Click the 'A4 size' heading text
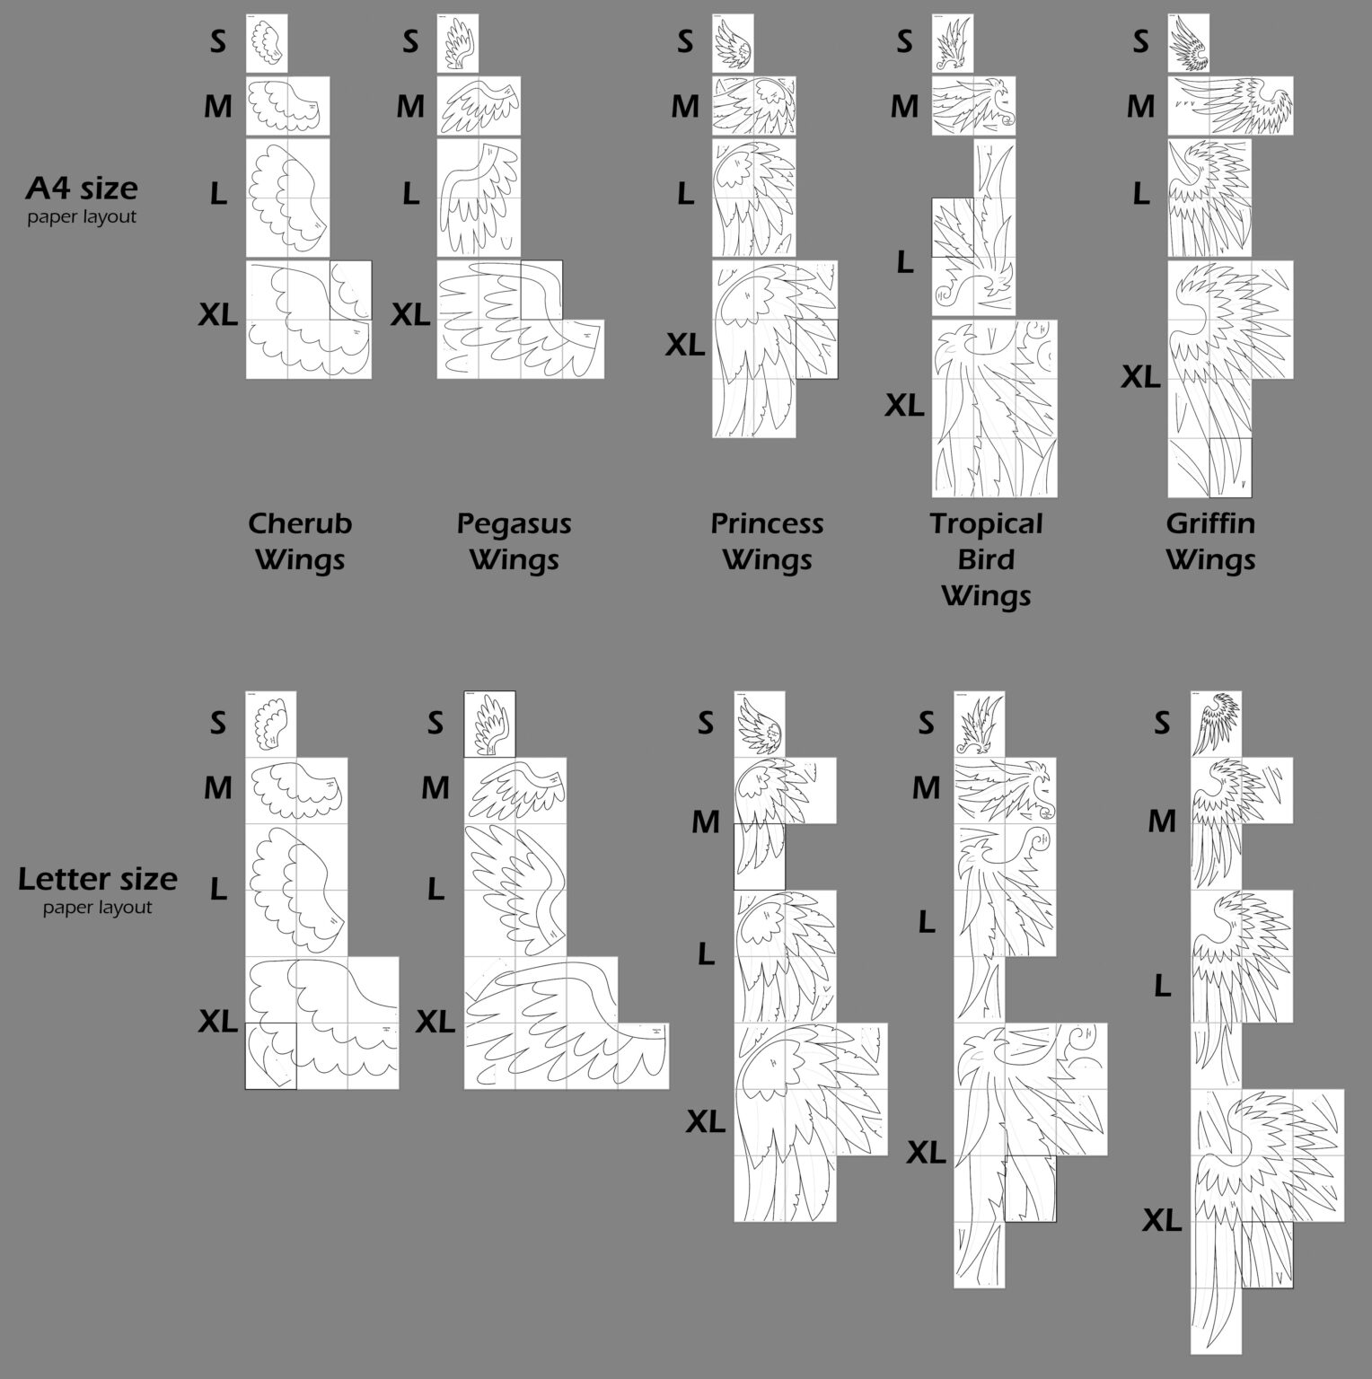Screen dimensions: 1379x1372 tap(82, 188)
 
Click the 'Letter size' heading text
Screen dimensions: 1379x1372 tap(98, 878)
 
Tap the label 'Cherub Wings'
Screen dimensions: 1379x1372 tap(300, 541)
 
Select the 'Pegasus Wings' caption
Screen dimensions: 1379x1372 tap(514, 541)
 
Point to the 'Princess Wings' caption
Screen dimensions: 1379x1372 tap(767, 541)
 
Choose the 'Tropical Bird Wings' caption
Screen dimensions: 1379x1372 tap(986, 559)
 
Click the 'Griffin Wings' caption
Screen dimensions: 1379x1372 tap(1210, 541)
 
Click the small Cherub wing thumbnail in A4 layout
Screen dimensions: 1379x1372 tap(267, 43)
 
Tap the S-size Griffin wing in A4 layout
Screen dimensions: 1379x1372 tap(1189, 43)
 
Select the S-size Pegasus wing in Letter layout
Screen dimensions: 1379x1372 tap(489, 724)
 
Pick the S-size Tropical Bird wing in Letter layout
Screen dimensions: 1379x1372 tap(979, 724)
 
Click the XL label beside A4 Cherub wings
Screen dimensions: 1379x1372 tap(218, 314)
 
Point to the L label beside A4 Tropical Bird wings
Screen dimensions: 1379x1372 tap(905, 262)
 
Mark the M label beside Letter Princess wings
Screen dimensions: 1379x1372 tap(706, 821)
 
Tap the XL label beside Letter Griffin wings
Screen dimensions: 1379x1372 tap(1162, 1221)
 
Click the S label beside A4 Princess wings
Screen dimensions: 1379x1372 tap(685, 41)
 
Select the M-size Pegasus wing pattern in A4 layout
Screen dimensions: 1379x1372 tap(479, 106)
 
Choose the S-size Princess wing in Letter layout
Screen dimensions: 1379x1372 tap(760, 724)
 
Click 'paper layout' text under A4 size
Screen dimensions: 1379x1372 tap(82, 216)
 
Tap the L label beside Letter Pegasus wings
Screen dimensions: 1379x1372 tap(435, 889)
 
